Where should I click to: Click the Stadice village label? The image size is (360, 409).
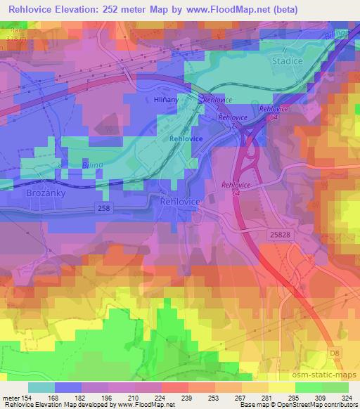click(x=288, y=61)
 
